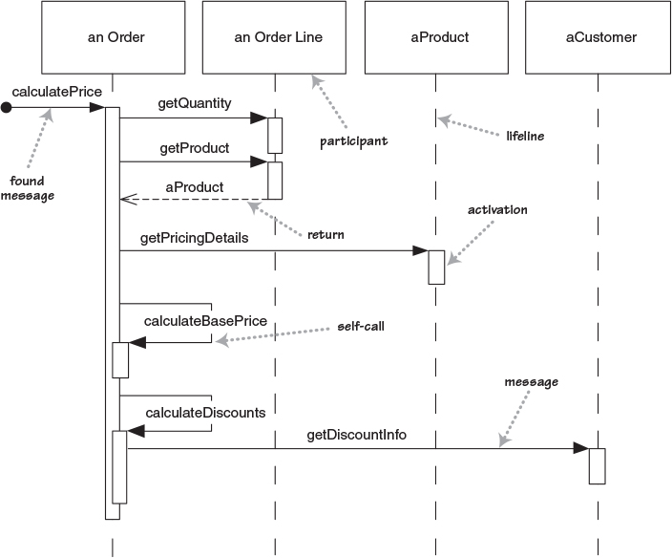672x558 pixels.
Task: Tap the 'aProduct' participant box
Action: (x=436, y=37)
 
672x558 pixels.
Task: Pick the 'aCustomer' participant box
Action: (x=598, y=37)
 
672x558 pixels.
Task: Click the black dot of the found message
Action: (x=7, y=108)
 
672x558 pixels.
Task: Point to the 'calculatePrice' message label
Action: (x=57, y=91)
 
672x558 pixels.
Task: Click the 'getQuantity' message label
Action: (x=195, y=103)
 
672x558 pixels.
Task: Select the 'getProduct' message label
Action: (x=195, y=148)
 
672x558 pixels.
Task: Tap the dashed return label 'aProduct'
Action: (x=195, y=186)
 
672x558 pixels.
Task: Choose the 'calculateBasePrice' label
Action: (x=205, y=321)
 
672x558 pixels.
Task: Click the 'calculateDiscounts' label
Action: (x=205, y=413)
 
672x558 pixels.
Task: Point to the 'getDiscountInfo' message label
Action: (x=357, y=435)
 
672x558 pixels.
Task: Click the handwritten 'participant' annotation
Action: (x=354, y=141)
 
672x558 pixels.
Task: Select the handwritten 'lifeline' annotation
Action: (x=525, y=136)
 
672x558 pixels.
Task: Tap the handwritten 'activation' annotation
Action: (x=497, y=209)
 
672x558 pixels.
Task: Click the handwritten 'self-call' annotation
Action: (x=361, y=326)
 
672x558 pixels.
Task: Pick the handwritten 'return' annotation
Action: (x=325, y=233)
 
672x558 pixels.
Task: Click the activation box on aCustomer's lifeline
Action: (x=597, y=465)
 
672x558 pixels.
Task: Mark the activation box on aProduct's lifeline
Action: (x=436, y=267)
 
